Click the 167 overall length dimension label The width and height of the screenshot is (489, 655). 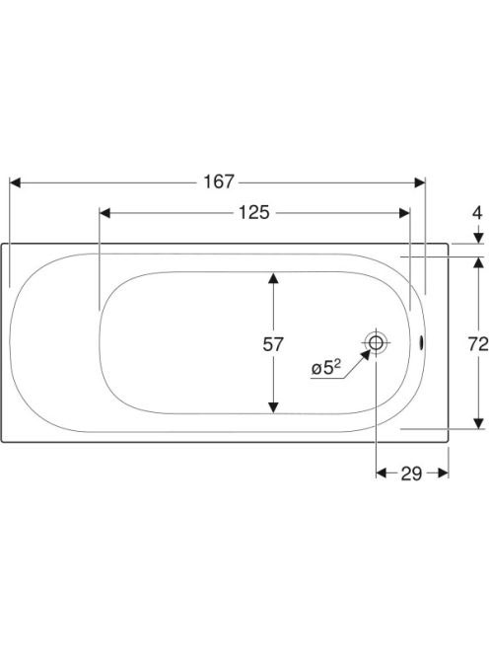[x=219, y=182]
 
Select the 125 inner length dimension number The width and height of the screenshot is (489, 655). [x=254, y=213]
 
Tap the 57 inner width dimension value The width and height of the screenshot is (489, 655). [x=273, y=344]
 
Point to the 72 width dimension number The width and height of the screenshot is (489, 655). [x=478, y=344]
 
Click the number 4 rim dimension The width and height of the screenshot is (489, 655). [x=477, y=213]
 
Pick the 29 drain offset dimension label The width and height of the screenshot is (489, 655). [x=411, y=473]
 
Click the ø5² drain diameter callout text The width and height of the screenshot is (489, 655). [x=326, y=368]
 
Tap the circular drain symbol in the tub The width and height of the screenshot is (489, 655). [x=376, y=343]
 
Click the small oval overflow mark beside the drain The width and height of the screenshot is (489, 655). [x=421, y=343]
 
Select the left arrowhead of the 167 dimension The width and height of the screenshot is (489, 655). [x=15, y=182]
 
